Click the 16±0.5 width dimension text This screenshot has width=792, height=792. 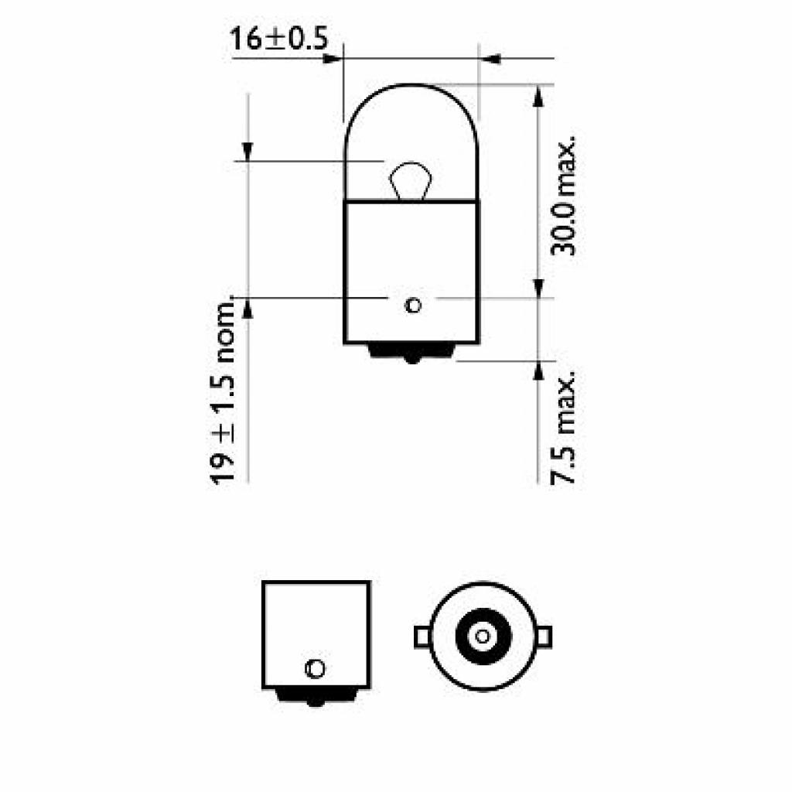277,39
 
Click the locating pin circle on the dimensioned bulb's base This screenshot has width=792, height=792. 412,305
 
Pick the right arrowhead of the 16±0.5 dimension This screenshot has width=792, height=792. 488,58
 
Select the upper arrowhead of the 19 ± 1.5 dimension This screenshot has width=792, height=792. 247,153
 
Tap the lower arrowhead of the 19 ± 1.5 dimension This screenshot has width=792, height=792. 247,307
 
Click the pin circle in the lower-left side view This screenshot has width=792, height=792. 316,667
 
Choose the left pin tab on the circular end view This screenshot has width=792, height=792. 422,636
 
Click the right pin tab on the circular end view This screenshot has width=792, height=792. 545,636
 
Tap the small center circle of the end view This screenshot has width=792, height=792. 483,636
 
